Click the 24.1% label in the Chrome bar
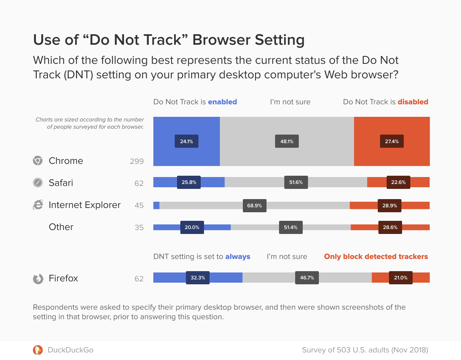[x=187, y=141]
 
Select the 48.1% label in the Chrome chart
[x=287, y=141]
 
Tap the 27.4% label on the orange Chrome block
[x=392, y=141]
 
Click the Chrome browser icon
[x=38, y=161]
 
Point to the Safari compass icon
[x=38, y=183]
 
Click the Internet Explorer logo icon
[x=38, y=205]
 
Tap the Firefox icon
[x=38, y=279]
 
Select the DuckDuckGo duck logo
[x=38, y=350]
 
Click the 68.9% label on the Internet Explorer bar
[x=254, y=206]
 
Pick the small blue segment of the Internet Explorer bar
[x=156, y=205]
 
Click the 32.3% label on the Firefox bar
[x=198, y=278]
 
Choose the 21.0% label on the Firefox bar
[x=400, y=278]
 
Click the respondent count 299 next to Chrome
[x=137, y=161]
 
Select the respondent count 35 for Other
[x=139, y=227]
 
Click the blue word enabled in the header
[x=222, y=102]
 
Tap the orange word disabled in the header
[x=413, y=102]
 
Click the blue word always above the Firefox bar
[x=238, y=257]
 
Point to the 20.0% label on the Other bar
[x=192, y=227]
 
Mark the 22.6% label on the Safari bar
[x=398, y=182]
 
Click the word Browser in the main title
[x=221, y=40]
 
